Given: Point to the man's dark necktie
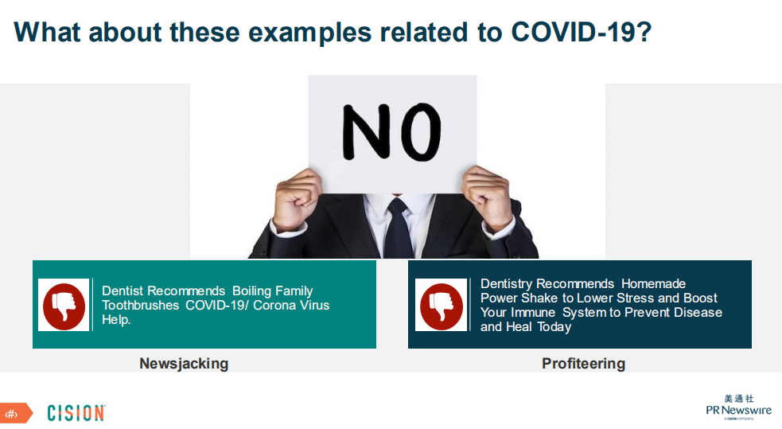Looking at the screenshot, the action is pyautogui.click(x=398, y=227).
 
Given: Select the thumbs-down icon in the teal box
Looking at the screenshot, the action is pyautogui.click(x=64, y=305).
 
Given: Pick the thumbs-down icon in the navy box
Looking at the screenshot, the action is pyautogui.click(x=442, y=305).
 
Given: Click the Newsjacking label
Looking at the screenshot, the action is pyautogui.click(x=184, y=363).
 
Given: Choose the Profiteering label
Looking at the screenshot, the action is pyautogui.click(x=583, y=363).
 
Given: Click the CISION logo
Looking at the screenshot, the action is pyautogui.click(x=76, y=413).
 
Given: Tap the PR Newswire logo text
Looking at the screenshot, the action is pyautogui.click(x=738, y=410).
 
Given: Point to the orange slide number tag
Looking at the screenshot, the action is pyautogui.click(x=15, y=414).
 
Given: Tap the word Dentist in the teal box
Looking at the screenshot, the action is pyautogui.click(x=123, y=291).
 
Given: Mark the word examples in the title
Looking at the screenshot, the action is pyautogui.click(x=309, y=33).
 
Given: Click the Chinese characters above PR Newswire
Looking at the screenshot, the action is pyautogui.click(x=739, y=399).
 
